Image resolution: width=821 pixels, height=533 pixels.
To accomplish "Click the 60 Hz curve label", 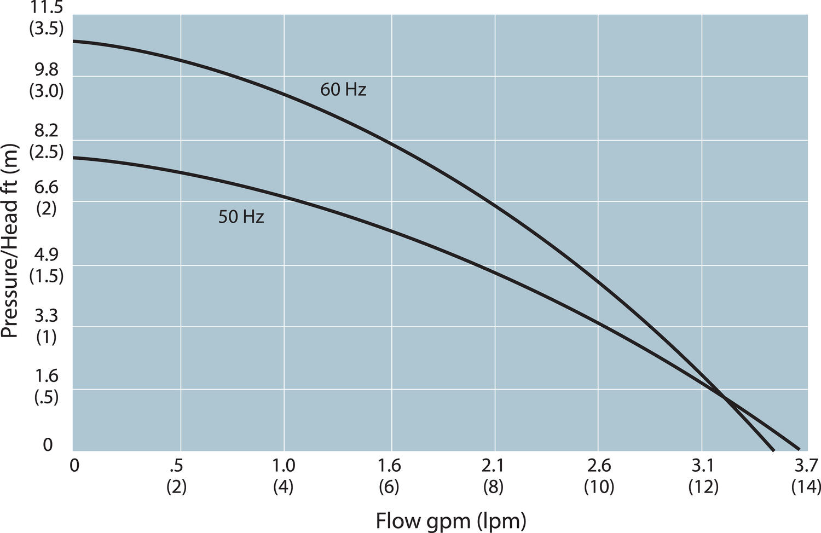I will coord(343,89).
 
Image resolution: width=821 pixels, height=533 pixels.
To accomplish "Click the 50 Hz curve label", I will coord(241,217).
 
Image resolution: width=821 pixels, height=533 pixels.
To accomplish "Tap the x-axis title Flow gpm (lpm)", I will coord(450,520).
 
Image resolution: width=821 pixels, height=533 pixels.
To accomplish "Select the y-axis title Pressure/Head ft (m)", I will coord(10,241).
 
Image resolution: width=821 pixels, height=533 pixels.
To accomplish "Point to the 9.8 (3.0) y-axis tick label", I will coord(47,80).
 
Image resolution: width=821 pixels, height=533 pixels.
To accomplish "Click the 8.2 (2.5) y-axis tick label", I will coord(47,141).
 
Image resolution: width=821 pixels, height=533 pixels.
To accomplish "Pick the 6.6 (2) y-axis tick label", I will coord(47,198).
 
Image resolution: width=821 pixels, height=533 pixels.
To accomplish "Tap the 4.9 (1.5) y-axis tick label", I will coord(47,265).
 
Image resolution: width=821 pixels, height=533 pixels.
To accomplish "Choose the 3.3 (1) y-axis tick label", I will coord(47,327).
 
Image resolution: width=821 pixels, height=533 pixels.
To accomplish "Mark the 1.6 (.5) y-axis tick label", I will coord(47,386).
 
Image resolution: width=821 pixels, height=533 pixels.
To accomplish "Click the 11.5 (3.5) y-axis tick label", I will coord(47,18).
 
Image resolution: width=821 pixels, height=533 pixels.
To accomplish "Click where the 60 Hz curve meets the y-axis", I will coord(73,41).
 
